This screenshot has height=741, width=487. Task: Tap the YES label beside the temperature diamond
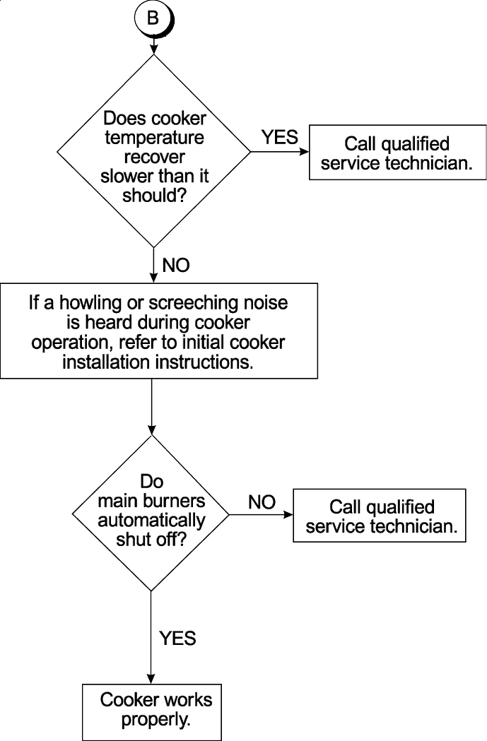coord(280,137)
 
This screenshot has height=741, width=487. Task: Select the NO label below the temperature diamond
coord(176,266)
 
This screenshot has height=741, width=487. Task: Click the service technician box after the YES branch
coord(398,153)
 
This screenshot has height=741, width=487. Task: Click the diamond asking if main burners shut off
coord(151,512)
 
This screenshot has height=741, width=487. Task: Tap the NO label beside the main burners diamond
coord(262,502)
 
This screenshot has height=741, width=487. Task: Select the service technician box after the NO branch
coord(380,516)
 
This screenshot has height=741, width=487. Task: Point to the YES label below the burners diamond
coord(177,638)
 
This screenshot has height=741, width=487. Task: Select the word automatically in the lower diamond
coord(151,521)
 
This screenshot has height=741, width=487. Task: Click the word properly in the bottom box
coord(156,721)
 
